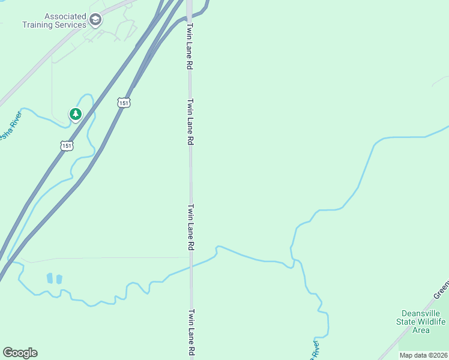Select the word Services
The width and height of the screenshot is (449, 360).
(x=70, y=25)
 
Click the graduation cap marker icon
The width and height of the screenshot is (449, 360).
(x=95, y=21)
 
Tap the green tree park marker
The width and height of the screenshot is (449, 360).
(x=75, y=113)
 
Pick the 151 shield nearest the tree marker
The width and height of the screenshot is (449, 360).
(x=67, y=145)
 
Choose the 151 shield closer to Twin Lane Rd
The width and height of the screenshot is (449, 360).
(x=124, y=103)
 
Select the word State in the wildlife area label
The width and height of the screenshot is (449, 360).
(x=406, y=322)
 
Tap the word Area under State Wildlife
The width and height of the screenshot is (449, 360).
(x=421, y=330)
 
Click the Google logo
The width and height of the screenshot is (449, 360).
(x=20, y=353)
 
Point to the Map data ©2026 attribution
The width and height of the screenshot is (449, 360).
(x=423, y=355)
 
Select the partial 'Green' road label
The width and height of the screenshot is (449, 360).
(x=441, y=288)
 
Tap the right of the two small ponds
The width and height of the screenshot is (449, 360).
(x=59, y=279)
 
